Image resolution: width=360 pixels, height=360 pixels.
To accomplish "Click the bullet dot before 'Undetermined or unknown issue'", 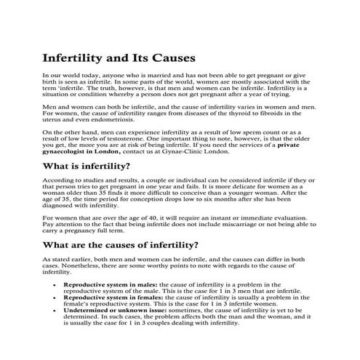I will (56, 309).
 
